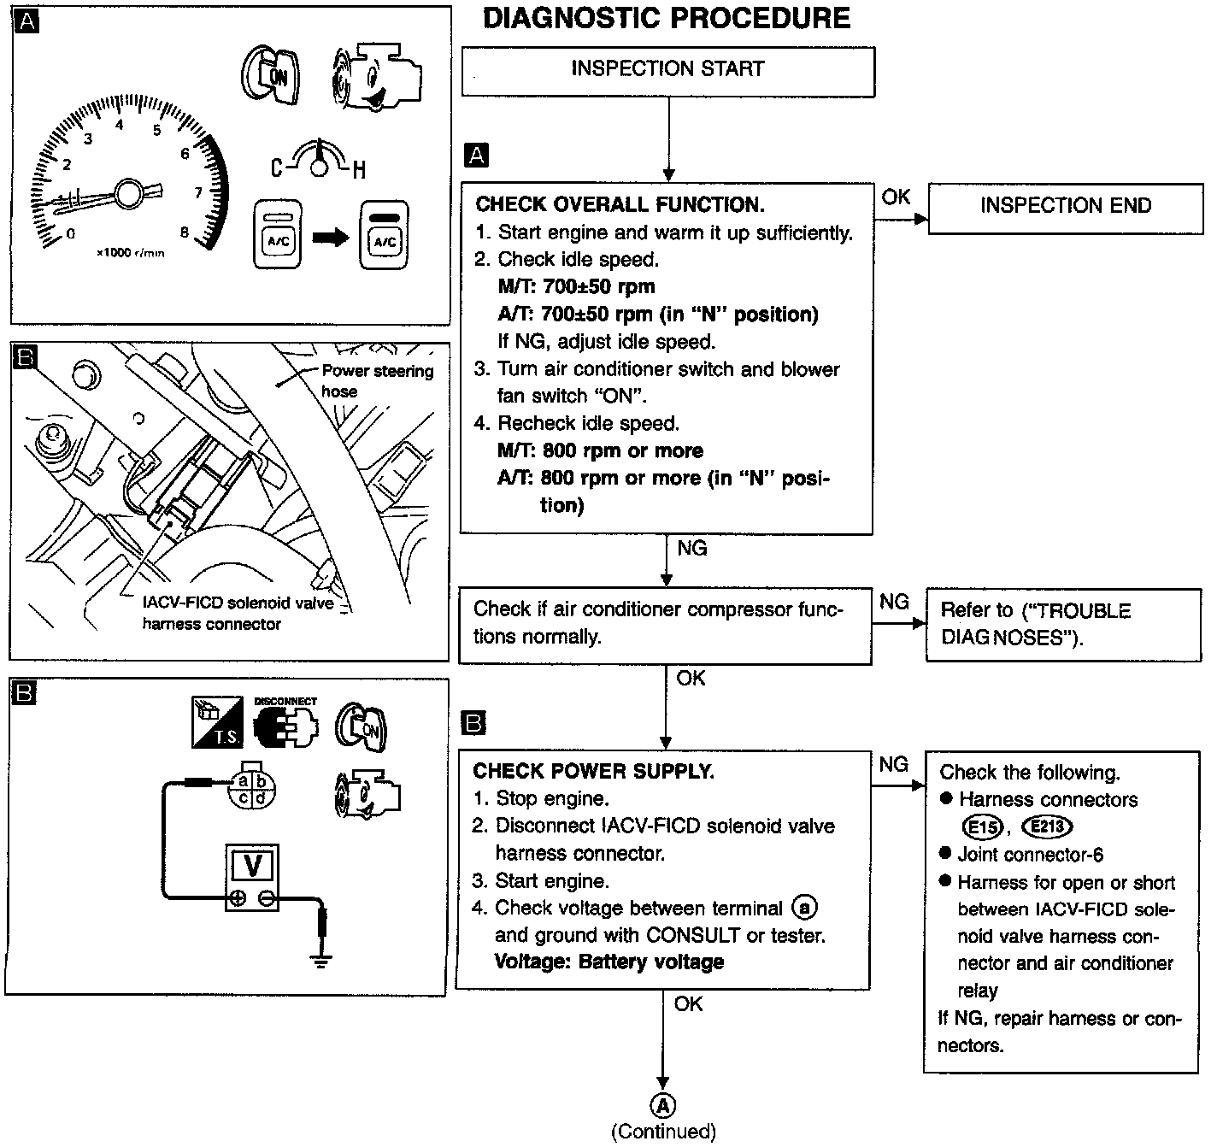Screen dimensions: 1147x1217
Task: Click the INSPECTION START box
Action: pos(667,70)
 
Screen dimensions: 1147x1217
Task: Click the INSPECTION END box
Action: pos(1065,206)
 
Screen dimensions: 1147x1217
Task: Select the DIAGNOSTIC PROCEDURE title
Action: pos(667,19)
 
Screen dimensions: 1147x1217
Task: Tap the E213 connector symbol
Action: pos(1049,826)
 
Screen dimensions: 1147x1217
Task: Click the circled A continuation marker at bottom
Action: pos(663,1105)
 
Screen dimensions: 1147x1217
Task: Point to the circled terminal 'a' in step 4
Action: pos(804,908)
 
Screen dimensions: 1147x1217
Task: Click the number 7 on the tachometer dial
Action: pos(198,192)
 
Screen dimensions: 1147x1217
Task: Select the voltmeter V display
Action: pos(253,866)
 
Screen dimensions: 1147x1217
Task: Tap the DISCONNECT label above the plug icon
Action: pos(285,701)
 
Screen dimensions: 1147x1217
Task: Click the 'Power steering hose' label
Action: pos(376,381)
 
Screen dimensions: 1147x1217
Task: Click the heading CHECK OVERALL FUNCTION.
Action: pos(620,205)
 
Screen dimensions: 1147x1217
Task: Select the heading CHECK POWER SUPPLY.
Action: pos(593,771)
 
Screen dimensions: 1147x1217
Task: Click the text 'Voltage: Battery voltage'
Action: pos(608,962)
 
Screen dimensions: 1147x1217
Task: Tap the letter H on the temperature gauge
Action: pos(359,169)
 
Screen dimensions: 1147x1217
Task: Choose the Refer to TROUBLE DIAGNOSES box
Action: pos(1062,624)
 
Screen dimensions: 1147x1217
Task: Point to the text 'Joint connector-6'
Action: pos(1018,855)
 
